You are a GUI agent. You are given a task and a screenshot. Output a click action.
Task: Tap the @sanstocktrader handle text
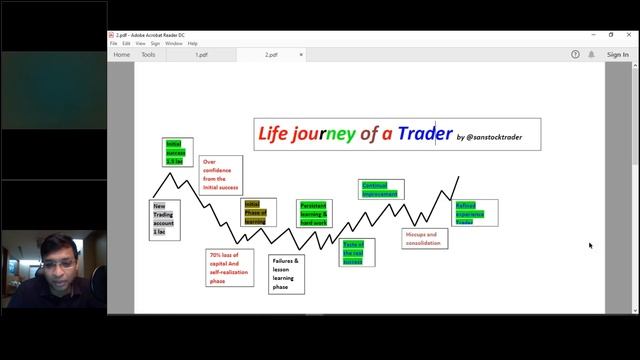point(497,137)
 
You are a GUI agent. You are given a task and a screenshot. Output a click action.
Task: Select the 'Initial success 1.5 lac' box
point(179,152)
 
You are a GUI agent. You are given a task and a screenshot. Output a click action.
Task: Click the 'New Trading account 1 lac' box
point(164,219)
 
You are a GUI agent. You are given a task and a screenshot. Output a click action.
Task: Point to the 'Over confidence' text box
point(221,175)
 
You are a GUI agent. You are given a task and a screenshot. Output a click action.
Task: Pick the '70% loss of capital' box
point(230,268)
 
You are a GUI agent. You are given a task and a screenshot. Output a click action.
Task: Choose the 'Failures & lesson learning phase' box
point(286,273)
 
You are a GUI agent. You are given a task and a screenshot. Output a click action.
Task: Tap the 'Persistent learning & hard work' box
point(314,213)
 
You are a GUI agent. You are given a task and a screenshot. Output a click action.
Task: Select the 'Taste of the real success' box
point(353,252)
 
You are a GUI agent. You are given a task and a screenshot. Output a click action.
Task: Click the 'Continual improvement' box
point(380,189)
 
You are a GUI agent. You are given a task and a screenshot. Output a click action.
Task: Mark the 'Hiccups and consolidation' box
point(425,238)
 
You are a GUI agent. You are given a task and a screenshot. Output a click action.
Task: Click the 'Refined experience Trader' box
point(474,213)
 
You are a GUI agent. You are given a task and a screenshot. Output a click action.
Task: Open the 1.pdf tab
point(202,55)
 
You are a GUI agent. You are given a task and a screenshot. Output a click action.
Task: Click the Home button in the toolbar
point(122,55)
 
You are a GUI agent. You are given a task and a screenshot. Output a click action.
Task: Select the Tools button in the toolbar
point(148,55)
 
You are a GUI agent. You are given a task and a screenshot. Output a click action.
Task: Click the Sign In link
point(617,55)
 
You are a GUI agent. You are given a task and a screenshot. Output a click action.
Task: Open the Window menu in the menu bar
point(174,43)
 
